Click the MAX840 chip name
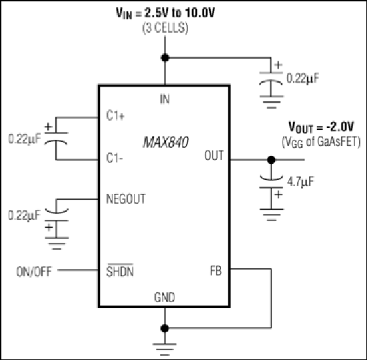(x=166, y=142)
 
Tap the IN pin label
(x=165, y=99)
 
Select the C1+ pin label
(x=115, y=115)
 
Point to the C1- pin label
(x=115, y=158)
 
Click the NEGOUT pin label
(x=126, y=199)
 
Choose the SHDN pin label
(x=120, y=271)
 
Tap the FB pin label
(x=216, y=271)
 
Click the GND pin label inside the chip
(x=165, y=297)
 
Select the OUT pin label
(x=214, y=155)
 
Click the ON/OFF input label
(x=34, y=272)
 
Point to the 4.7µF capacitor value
(x=300, y=181)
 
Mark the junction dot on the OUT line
(x=271, y=160)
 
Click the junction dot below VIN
(x=165, y=57)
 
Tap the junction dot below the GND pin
(x=165, y=328)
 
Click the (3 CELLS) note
(x=165, y=29)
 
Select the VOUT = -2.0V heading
(x=321, y=127)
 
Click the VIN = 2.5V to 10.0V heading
(x=165, y=13)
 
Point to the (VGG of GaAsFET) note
(x=321, y=142)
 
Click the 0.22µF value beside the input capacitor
(x=303, y=78)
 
